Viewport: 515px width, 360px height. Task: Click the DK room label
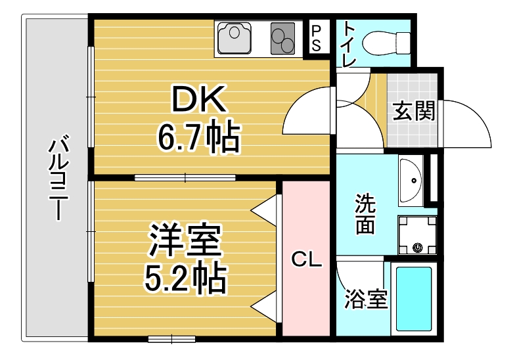coord(199,99)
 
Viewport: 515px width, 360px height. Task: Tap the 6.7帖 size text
coord(198,137)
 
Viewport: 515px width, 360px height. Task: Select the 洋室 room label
coord(185,240)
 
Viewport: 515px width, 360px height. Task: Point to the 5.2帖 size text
coord(185,279)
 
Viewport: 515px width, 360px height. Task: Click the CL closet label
coord(307,259)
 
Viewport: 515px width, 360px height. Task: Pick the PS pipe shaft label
coord(316,39)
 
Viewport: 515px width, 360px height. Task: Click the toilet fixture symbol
coord(386,43)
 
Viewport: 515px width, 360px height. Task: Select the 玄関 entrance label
coord(414,110)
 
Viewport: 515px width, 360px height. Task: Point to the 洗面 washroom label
coord(365,214)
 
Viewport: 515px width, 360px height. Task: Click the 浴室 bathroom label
coord(366,299)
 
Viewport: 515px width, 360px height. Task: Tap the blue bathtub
coord(414,299)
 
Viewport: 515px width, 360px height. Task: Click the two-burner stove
coord(282,38)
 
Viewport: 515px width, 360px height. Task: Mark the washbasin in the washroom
coord(411,180)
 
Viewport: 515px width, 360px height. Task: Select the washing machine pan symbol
coord(418,235)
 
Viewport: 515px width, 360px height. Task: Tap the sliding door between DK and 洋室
coord(185,177)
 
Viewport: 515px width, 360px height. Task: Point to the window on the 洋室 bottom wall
coord(171,339)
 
